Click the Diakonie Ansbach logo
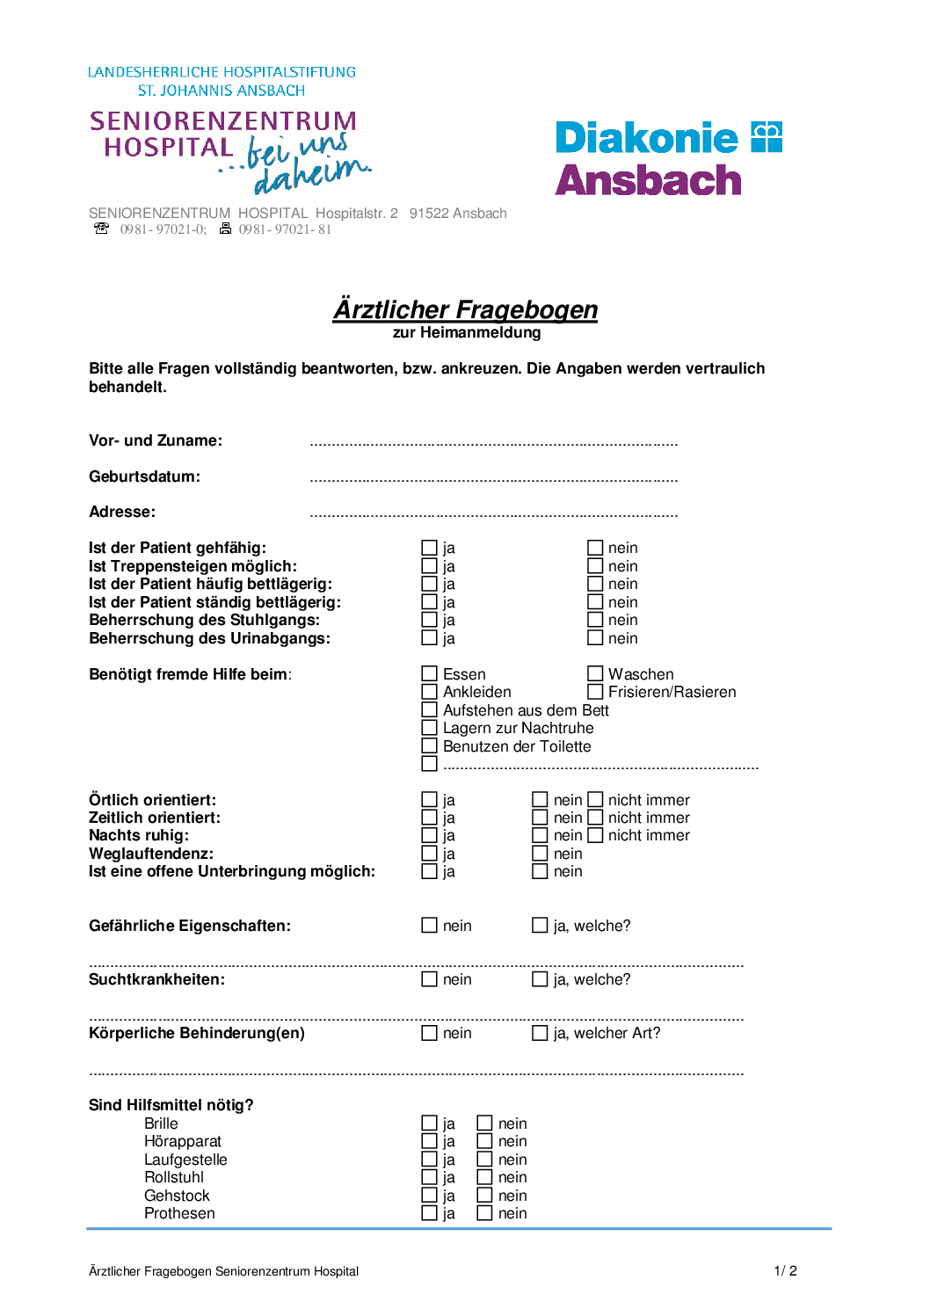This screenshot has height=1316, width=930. (x=668, y=158)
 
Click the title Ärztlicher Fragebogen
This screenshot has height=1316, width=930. (x=465, y=309)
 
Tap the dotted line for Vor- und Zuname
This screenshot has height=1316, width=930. (x=493, y=445)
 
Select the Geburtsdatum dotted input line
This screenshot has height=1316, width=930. (x=493, y=481)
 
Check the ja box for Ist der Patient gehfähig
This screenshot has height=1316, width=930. (x=429, y=549)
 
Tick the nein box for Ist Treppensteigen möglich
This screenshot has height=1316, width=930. (x=595, y=566)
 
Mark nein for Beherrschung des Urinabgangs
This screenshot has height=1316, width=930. (x=595, y=638)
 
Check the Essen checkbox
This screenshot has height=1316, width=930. (x=429, y=674)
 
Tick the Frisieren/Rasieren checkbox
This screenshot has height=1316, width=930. (x=595, y=692)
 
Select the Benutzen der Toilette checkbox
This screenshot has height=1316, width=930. (x=429, y=746)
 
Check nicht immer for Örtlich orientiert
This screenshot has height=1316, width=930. (x=595, y=800)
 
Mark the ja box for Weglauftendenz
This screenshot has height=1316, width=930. (x=429, y=854)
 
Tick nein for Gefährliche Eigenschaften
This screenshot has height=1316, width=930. (x=429, y=926)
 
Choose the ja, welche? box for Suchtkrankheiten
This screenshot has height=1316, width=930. (x=540, y=979)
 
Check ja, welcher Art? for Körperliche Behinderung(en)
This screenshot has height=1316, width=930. (x=540, y=1033)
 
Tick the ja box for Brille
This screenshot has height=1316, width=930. (x=429, y=1123)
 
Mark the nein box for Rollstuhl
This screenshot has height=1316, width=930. (x=484, y=1177)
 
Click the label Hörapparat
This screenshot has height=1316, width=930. (x=183, y=1141)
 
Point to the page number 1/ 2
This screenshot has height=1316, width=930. (x=785, y=1271)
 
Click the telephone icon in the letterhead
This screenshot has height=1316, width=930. (x=101, y=229)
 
